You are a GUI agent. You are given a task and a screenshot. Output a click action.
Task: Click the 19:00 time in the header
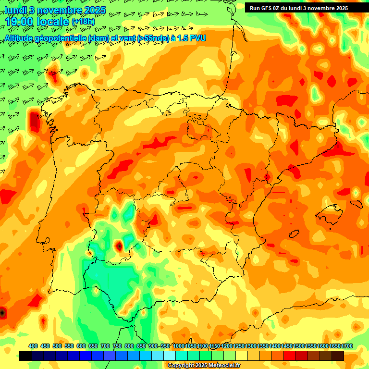[x=21, y=22]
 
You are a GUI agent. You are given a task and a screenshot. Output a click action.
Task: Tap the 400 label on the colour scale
[x=33, y=346]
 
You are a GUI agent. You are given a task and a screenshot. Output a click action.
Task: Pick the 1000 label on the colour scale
[x=178, y=346]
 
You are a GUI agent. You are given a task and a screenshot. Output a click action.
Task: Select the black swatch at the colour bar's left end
[x=25, y=356]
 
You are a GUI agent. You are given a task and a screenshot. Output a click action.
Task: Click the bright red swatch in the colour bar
[x=290, y=356]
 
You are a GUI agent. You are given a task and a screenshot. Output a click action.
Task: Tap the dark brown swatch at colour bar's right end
[x=338, y=356]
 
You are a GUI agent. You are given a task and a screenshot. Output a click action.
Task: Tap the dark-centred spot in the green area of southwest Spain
[x=119, y=246]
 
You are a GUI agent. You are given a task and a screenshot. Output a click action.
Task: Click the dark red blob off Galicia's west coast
[x=34, y=121]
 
